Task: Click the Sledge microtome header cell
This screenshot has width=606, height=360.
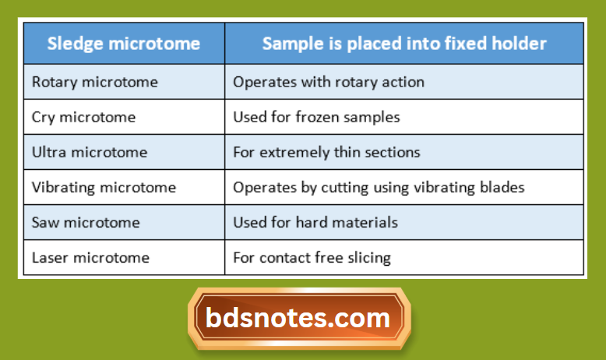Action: [123, 44]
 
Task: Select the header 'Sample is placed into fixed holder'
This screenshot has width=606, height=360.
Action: [404, 44]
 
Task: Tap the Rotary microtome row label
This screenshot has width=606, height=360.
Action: [94, 82]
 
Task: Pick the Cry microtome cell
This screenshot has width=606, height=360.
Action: [83, 117]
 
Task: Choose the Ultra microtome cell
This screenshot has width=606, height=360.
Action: [89, 152]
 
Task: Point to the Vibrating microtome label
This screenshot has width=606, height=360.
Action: [104, 187]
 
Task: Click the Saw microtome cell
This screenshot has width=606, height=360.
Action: [86, 222]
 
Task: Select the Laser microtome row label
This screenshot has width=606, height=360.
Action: [90, 257]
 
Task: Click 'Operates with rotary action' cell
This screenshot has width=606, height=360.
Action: [329, 82]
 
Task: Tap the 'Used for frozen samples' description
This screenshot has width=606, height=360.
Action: [316, 117]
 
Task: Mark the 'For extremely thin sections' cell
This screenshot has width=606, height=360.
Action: [326, 152]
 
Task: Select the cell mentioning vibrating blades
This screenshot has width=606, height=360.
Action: [379, 187]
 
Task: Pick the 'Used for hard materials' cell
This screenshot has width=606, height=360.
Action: [315, 222]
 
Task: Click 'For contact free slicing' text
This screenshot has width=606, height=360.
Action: [312, 257]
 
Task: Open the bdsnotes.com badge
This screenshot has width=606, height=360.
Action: [298, 318]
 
